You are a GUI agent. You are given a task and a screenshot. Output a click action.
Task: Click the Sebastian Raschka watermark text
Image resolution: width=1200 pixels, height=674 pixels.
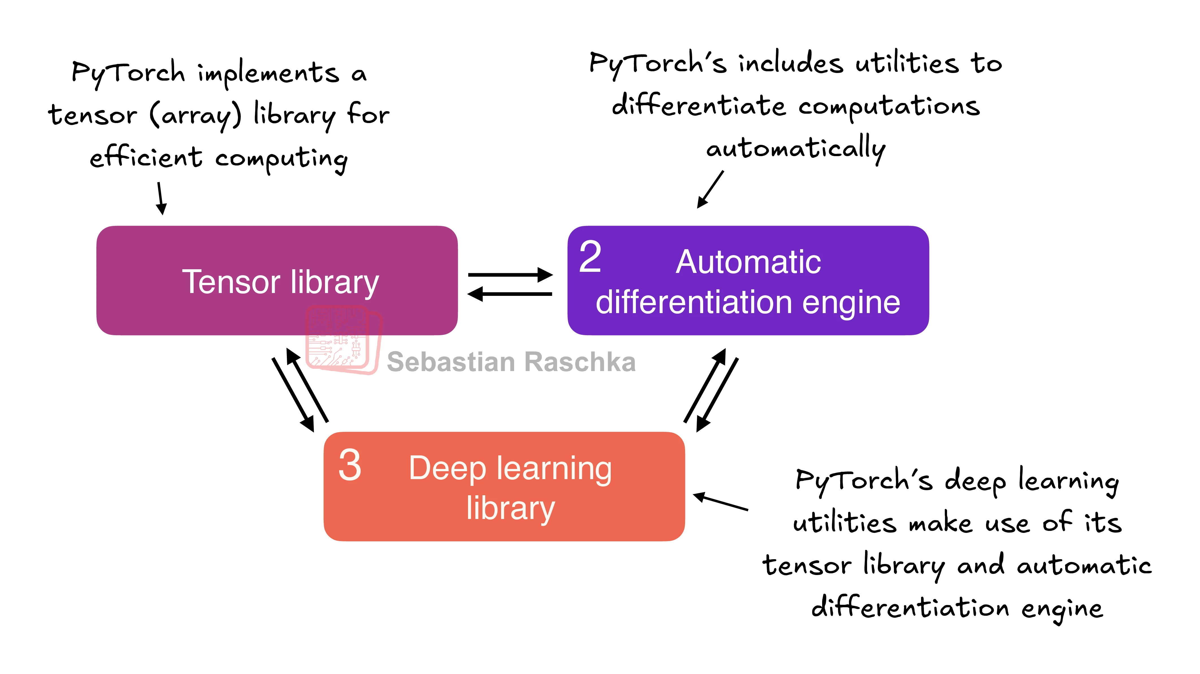click(511, 362)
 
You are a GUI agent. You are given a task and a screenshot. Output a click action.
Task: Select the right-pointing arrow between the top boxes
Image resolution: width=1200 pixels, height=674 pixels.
click(510, 275)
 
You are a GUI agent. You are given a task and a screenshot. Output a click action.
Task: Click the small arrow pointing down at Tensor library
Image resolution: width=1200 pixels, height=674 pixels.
click(161, 198)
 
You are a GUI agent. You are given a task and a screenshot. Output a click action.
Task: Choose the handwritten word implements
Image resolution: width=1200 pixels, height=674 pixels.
click(268, 74)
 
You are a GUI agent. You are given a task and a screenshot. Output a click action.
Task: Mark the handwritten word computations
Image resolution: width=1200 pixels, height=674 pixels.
click(889, 107)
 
